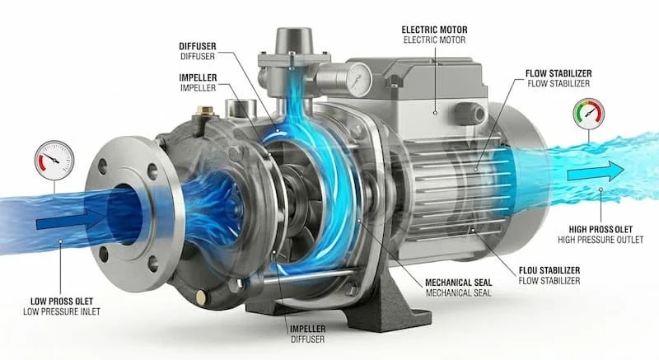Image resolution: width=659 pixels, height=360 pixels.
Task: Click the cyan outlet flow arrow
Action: point(596,171)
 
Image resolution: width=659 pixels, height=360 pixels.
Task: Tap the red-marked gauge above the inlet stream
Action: point(54,161)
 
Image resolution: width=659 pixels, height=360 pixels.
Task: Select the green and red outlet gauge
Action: point(588,114)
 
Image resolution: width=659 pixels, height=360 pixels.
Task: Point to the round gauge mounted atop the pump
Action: point(359,77)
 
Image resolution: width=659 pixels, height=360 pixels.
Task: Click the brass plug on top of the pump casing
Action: point(205,112)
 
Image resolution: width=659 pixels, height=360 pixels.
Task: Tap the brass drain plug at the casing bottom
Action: point(201,297)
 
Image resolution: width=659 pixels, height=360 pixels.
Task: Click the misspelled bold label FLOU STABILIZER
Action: point(549,270)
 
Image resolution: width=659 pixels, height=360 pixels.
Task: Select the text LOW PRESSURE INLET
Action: point(62,311)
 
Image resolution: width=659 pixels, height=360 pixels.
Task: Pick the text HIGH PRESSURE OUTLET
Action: point(601,240)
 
